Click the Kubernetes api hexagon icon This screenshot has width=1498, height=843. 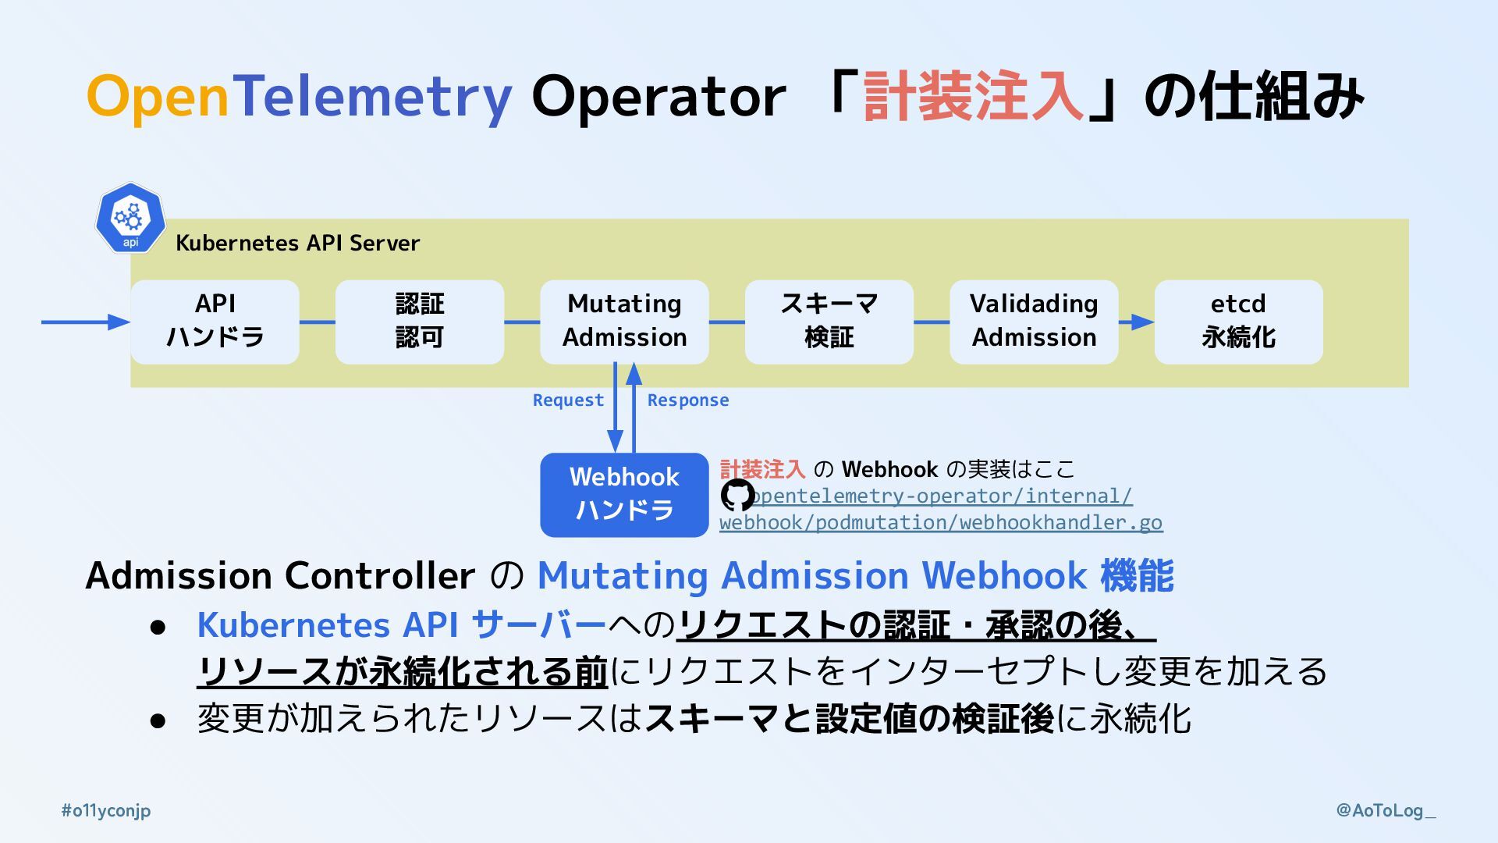pyautogui.click(x=130, y=219)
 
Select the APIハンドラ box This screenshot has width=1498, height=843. pyautogui.click(x=215, y=322)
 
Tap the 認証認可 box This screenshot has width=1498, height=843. pyautogui.click(x=420, y=322)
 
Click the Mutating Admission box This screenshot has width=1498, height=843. pyautogui.click(x=624, y=322)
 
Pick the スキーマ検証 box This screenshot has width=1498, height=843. pyautogui.click(x=829, y=322)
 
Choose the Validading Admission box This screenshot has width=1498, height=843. pyautogui.click(x=1034, y=322)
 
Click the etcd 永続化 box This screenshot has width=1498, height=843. pyautogui.click(x=1238, y=322)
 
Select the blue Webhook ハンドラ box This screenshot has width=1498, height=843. pyautogui.click(x=624, y=495)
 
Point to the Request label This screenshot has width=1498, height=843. pyautogui.click(x=568, y=400)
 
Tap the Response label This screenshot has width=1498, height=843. pyautogui.click(x=687, y=400)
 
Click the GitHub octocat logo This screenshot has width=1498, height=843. pyautogui.click(x=737, y=495)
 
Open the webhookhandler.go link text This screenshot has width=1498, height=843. pyautogui.click(x=941, y=522)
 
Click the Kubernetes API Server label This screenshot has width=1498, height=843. pyautogui.click(x=297, y=244)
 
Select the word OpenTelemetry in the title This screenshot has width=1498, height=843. pyautogui.click(x=299, y=97)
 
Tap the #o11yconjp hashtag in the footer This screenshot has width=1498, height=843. pyautogui.click(x=106, y=811)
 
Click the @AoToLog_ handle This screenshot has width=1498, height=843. pyautogui.click(x=1386, y=811)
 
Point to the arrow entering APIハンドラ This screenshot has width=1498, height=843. pyautogui.click(x=86, y=322)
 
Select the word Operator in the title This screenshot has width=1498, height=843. pyautogui.click(x=658, y=97)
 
